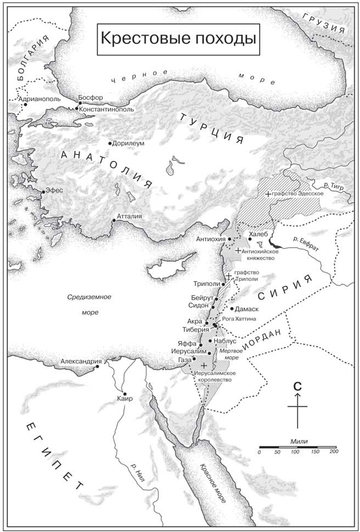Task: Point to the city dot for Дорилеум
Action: click(110, 143)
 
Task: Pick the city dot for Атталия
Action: click(114, 221)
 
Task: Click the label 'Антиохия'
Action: click(211, 239)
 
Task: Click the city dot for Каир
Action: click(125, 394)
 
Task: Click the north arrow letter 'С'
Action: click(297, 386)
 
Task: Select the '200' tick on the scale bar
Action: click(333, 451)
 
